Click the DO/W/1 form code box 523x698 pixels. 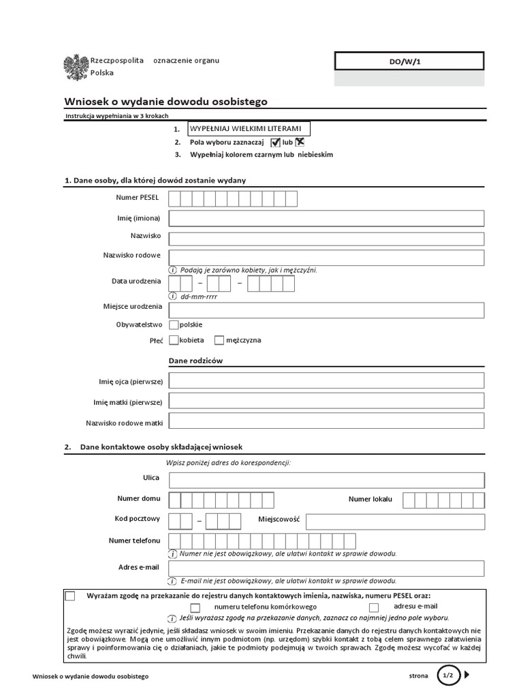(x=409, y=61)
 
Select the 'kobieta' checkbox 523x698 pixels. (x=174, y=339)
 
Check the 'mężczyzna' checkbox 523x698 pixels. (x=219, y=339)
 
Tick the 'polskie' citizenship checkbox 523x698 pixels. (x=174, y=324)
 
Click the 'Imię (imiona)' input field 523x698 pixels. (x=326, y=218)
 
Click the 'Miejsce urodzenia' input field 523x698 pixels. (x=326, y=310)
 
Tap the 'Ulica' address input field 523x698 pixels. (x=326, y=480)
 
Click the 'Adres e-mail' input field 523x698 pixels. (x=326, y=568)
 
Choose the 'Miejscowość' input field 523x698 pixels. (x=395, y=521)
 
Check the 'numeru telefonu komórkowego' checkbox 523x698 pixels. (x=195, y=607)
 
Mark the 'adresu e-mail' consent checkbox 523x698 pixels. (x=374, y=607)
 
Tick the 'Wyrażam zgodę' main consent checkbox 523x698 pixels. (x=71, y=596)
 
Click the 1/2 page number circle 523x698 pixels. (x=448, y=676)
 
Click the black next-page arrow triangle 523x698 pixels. (x=468, y=676)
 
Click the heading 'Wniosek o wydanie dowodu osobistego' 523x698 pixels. (x=165, y=102)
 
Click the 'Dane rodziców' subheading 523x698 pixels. (x=195, y=361)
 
